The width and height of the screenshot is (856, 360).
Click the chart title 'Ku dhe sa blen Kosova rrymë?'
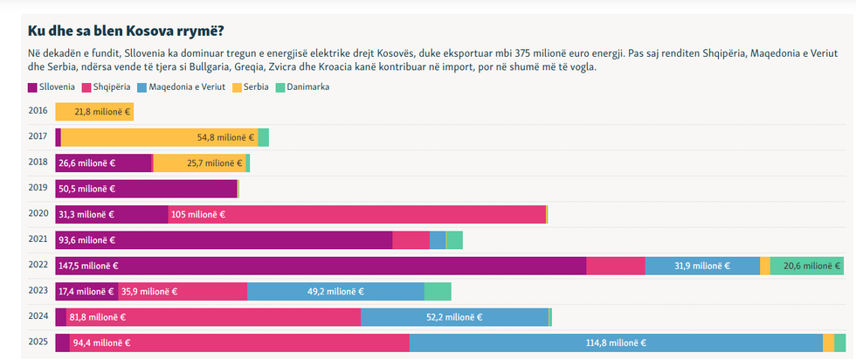126,31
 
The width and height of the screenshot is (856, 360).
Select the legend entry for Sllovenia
52,87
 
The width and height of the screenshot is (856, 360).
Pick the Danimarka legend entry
302,87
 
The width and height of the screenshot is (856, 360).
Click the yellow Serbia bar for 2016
94,112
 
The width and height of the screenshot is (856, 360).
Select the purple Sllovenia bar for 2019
146,189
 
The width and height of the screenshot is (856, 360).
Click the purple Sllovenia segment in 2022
321,266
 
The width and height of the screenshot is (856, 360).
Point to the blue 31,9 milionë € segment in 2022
702,266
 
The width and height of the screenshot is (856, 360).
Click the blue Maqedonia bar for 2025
616,343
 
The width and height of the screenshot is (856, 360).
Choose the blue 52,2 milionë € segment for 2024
454,317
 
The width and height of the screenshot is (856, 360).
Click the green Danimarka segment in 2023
438,292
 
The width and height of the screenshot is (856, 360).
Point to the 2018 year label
38,163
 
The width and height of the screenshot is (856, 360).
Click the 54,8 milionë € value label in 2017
225,137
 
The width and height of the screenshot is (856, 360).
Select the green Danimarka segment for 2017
263,137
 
